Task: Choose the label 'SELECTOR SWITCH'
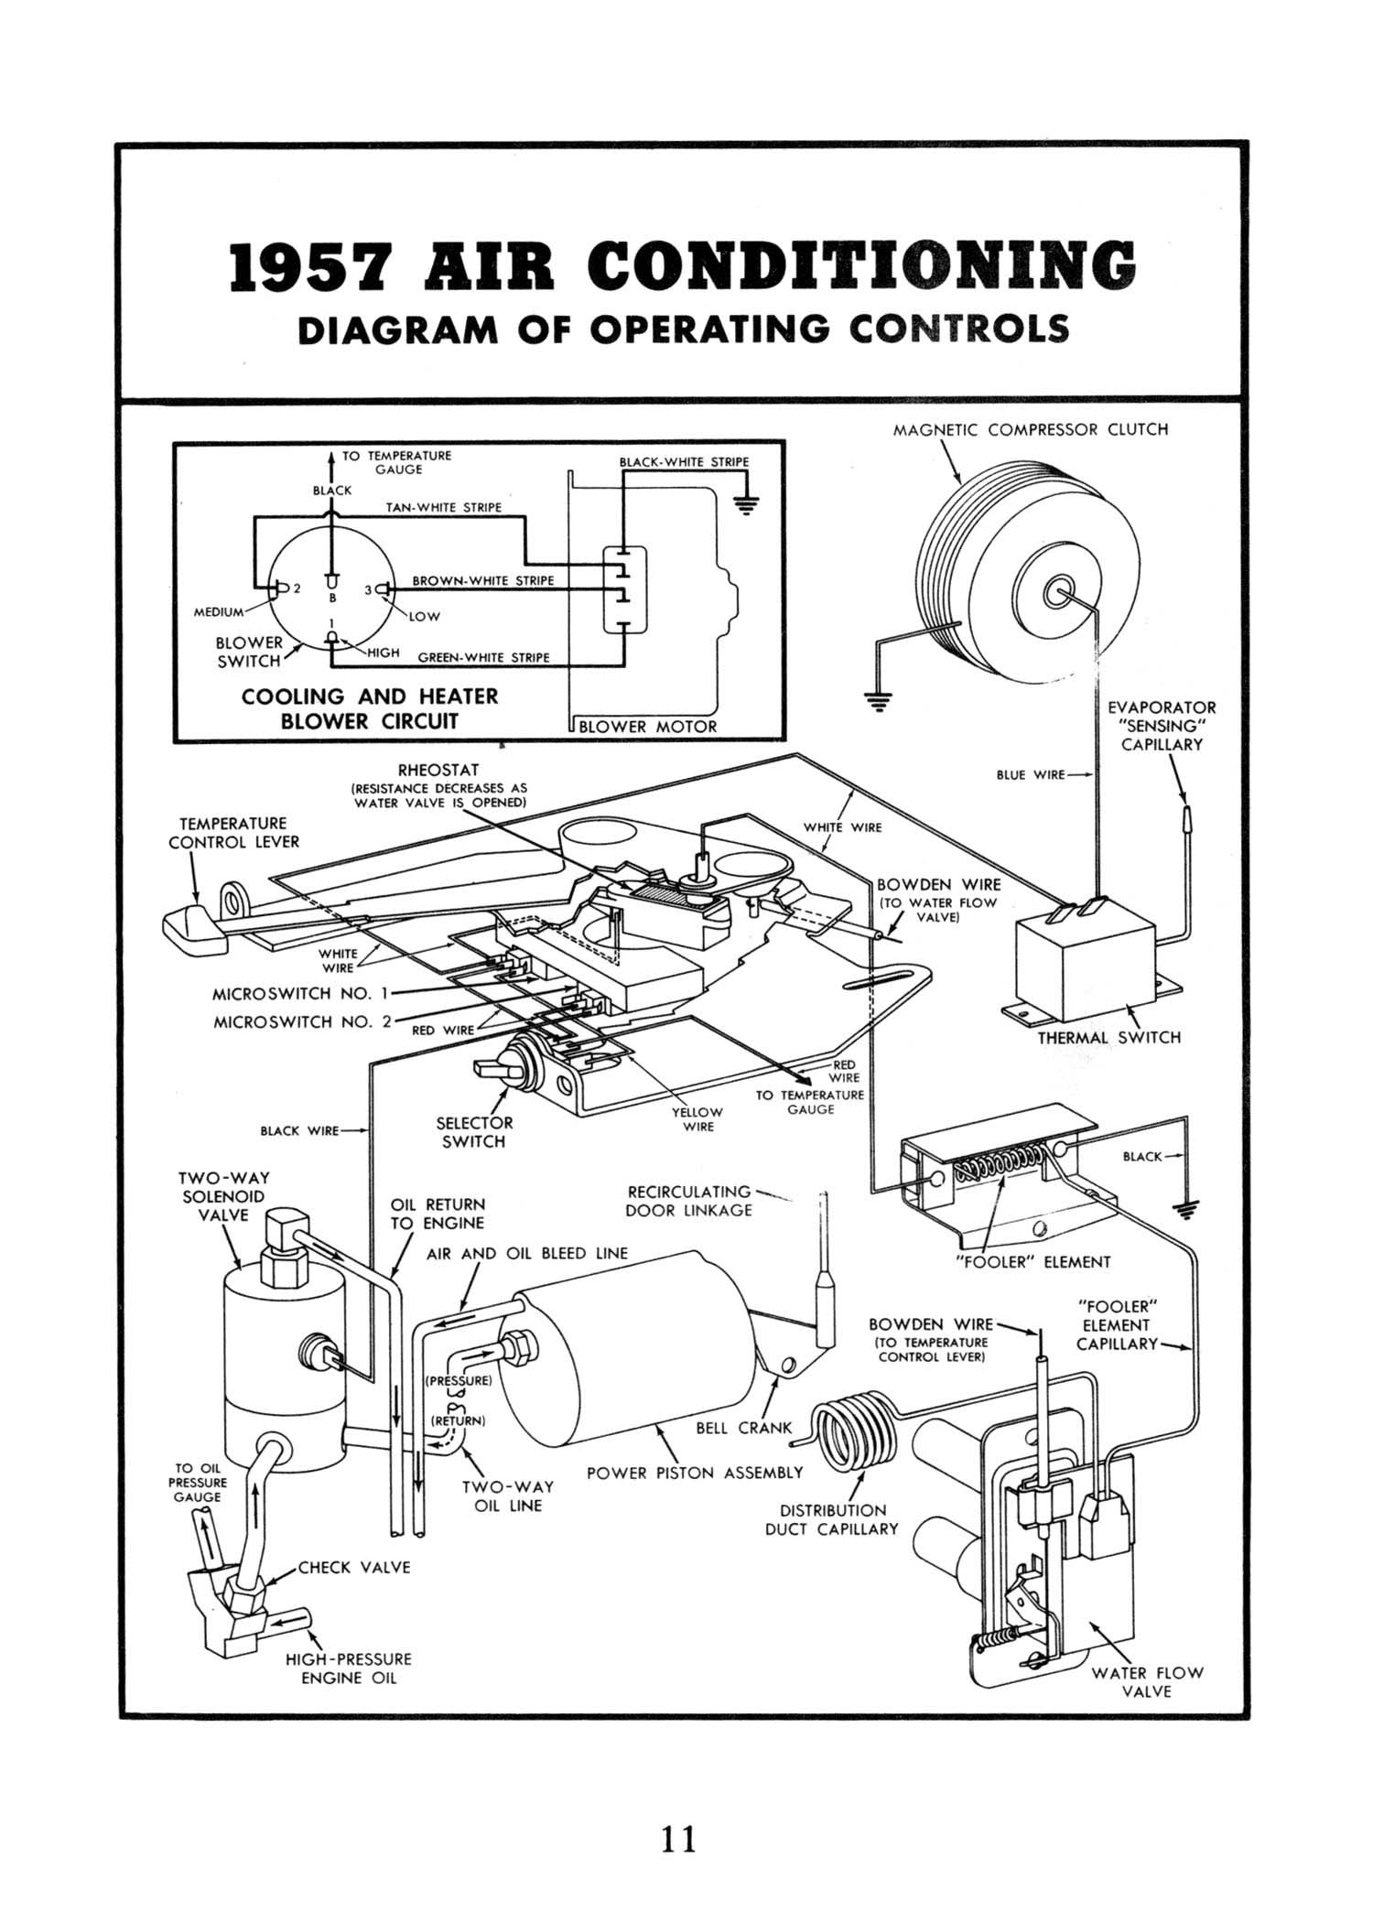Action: tap(474, 1132)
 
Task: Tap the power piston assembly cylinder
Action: tap(632, 1364)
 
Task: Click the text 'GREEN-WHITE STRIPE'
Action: tap(483, 657)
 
